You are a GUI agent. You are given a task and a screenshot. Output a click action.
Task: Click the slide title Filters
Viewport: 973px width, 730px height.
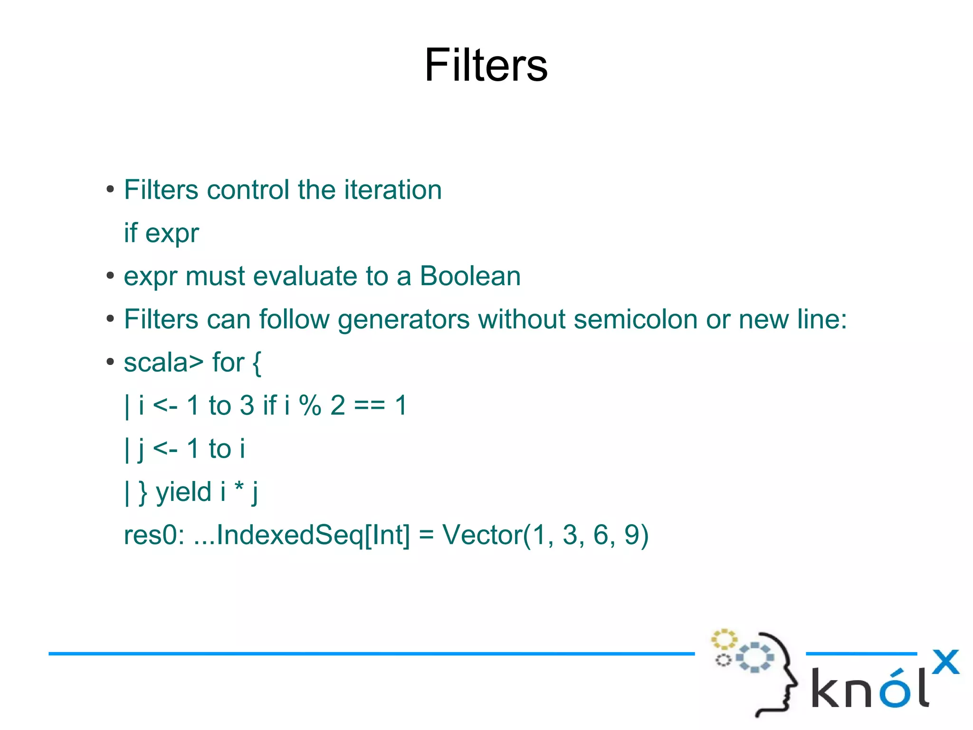(x=486, y=65)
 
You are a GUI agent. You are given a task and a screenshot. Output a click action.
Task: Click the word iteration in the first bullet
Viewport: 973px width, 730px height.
(x=393, y=190)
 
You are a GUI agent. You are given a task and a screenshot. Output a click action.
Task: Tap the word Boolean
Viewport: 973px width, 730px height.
(x=470, y=276)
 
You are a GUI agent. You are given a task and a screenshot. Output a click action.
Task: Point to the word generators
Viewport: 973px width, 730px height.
(x=403, y=320)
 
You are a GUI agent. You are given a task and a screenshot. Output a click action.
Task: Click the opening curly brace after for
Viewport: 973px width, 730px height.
(x=257, y=363)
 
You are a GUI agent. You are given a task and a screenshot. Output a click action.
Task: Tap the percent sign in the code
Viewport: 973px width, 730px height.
(x=310, y=405)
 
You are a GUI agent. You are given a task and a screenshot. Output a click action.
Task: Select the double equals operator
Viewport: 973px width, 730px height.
(x=370, y=406)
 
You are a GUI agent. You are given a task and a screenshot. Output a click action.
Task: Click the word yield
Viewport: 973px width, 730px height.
(x=183, y=491)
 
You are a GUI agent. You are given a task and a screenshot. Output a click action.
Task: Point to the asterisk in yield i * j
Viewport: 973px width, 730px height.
(x=239, y=488)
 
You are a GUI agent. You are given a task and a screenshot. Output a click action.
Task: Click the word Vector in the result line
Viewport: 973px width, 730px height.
(x=482, y=535)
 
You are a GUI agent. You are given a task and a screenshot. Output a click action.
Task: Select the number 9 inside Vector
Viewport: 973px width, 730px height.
(x=631, y=535)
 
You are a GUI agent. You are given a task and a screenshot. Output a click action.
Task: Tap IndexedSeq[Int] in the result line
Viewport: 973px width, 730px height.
(x=313, y=535)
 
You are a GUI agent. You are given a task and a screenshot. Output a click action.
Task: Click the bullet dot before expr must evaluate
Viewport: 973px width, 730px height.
(x=110, y=276)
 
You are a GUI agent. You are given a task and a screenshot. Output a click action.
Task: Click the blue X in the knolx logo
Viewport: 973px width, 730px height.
(x=945, y=662)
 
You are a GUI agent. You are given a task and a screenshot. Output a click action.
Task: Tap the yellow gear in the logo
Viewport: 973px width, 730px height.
(x=724, y=639)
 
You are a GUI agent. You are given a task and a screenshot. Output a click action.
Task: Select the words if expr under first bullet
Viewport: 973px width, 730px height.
(x=161, y=233)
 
